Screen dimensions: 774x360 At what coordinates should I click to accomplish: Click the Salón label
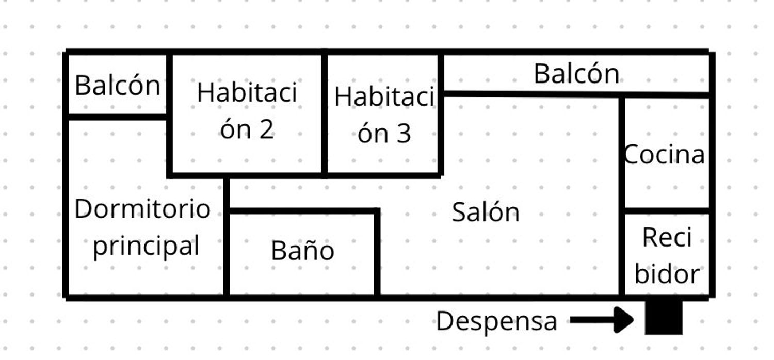pos(486,212)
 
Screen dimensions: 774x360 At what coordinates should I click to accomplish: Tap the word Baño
pos(303,250)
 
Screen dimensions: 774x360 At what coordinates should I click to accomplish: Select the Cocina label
pos(664,154)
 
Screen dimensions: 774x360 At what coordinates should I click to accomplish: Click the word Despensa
pos(496,321)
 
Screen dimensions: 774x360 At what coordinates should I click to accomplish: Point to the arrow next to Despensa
pos(602,320)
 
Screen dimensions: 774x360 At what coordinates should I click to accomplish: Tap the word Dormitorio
pos(142,209)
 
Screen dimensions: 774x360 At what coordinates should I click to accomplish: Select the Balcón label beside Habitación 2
pos(118,85)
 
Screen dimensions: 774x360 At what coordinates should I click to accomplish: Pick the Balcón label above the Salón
pos(577,74)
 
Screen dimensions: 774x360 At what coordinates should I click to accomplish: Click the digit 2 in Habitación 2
pos(266,129)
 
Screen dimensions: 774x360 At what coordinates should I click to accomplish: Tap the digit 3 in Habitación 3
pos(404,134)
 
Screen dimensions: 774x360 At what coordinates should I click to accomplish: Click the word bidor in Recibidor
pos(667,274)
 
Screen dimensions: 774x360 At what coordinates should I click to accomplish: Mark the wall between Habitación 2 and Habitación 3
pos(324,114)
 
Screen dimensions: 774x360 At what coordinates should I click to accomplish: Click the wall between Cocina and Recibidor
pos(667,211)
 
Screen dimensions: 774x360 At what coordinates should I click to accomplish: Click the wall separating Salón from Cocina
pos(622,196)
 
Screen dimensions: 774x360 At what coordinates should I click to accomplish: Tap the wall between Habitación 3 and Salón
pos(441,114)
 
